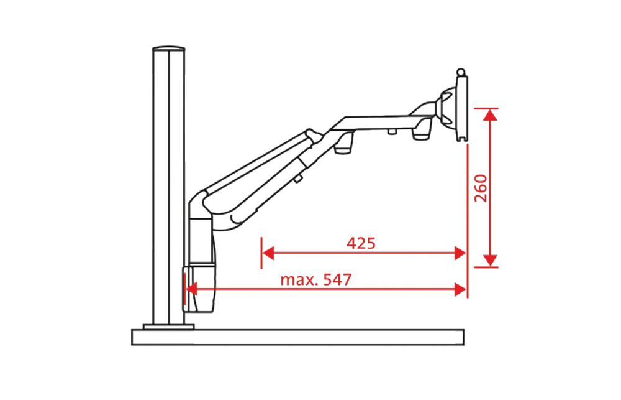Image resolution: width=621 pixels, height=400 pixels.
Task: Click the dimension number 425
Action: pos(361,243)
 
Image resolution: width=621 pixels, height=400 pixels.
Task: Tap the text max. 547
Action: pos(315,279)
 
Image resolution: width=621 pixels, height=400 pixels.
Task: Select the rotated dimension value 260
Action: pos(481,188)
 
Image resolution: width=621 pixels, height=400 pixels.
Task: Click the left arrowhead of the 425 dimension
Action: pos(268,253)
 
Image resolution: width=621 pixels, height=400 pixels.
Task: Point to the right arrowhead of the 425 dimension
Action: pos(460,253)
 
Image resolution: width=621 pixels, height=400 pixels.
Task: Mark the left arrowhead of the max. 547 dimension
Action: pos(192,289)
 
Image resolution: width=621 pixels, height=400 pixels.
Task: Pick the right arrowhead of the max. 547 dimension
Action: pos(460,289)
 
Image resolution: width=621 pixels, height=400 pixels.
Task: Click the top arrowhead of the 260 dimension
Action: pos(491,115)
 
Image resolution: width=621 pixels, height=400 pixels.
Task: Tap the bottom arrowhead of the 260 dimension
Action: pos(491,260)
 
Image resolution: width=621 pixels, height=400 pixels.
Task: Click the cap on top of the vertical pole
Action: pos(169,49)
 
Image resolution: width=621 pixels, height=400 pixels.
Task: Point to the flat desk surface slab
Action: pos(298,337)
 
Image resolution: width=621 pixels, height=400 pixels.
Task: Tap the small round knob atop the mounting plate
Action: pos(460,72)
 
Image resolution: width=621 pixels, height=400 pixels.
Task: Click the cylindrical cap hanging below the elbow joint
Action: pos(344,147)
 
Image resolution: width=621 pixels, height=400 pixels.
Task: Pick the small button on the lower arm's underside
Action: pos(299,179)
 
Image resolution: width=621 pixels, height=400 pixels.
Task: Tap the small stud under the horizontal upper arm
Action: pos(392,131)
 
